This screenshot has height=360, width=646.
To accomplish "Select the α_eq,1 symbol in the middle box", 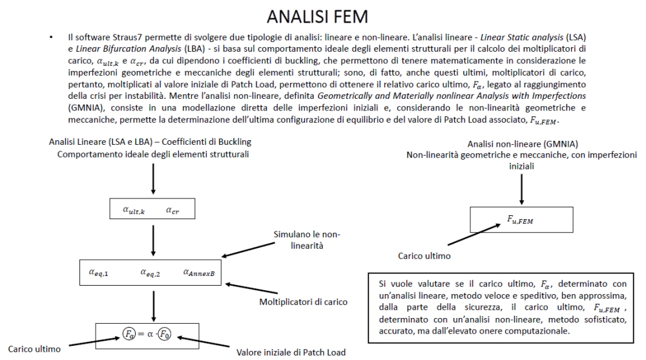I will click(98, 272).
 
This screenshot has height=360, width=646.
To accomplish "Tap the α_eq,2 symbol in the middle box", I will click(151, 272).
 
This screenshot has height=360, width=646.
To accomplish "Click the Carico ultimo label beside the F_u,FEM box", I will click(423, 257).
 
